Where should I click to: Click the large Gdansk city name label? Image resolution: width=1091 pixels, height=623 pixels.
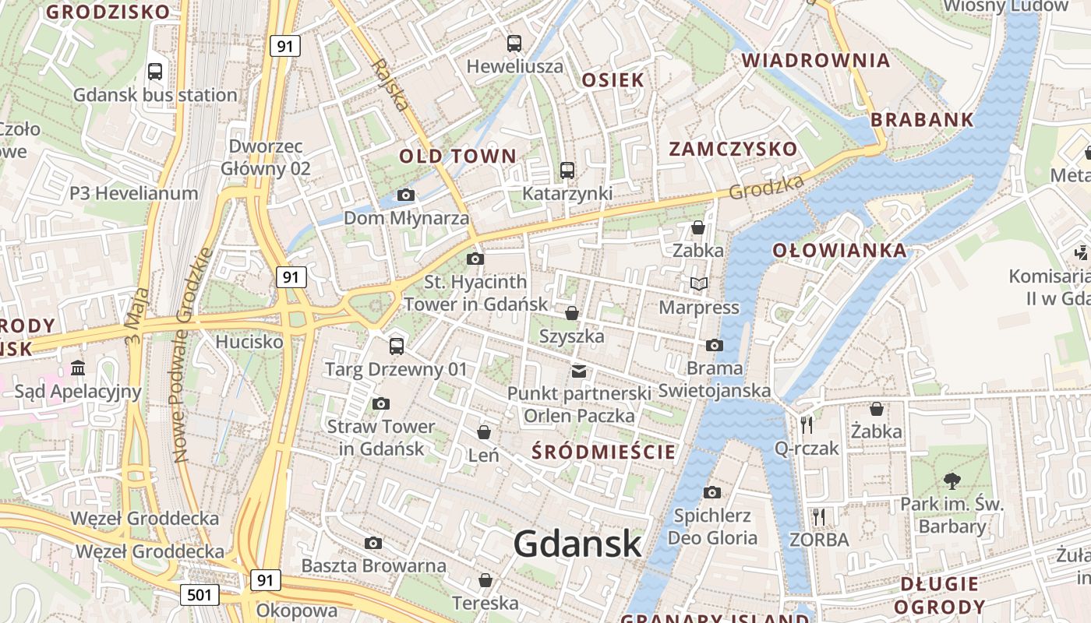click(577, 544)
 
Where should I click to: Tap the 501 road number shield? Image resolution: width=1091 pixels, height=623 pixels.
click(199, 596)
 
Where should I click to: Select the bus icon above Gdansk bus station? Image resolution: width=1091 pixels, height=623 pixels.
click(155, 72)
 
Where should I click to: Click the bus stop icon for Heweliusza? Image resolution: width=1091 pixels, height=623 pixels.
click(514, 44)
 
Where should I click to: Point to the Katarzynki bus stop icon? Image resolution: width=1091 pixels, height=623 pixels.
click(567, 171)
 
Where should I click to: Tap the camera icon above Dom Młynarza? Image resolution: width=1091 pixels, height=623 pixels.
click(406, 195)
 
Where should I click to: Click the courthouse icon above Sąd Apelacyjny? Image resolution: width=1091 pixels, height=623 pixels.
click(78, 368)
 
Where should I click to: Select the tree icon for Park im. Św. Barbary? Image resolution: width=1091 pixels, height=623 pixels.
click(952, 480)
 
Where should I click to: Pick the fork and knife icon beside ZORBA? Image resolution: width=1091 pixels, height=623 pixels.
click(818, 517)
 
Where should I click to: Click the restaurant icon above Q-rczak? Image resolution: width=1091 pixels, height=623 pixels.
click(807, 425)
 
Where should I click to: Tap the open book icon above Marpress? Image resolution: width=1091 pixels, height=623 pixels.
click(699, 284)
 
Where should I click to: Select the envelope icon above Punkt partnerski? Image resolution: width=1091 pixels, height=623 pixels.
click(579, 371)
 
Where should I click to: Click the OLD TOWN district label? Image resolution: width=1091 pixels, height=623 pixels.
click(458, 156)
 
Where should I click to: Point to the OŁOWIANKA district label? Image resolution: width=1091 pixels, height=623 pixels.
click(840, 250)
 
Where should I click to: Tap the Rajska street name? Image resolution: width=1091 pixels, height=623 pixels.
click(390, 84)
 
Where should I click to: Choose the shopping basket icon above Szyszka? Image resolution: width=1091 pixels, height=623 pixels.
click(572, 313)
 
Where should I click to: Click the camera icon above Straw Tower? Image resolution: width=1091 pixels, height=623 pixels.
click(380, 403)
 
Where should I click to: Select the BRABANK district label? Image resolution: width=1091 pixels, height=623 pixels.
click(922, 120)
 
